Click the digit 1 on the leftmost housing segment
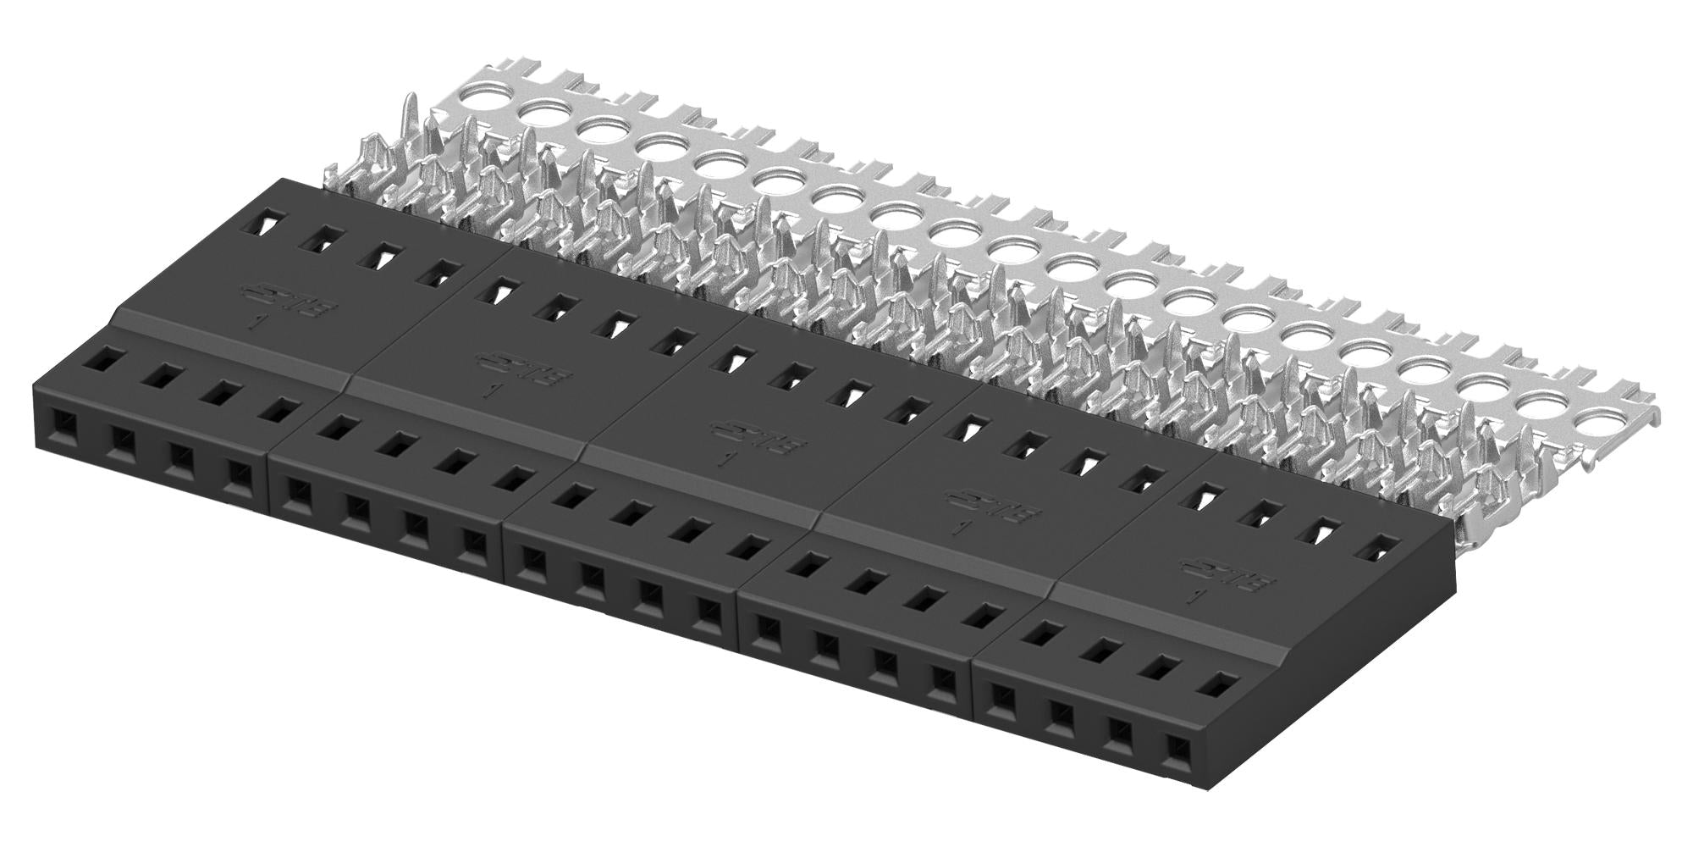[x=254, y=323]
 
